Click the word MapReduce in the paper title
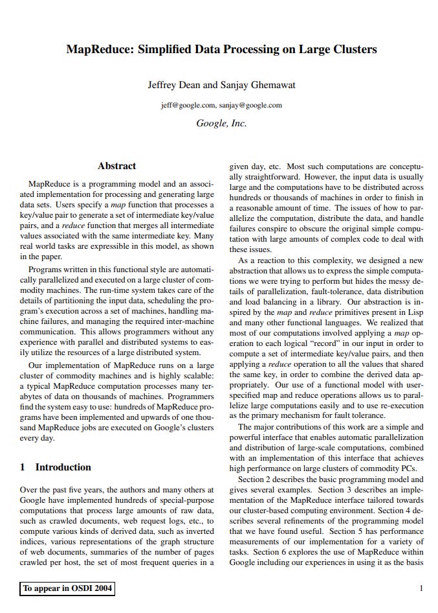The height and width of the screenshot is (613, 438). coord(98,49)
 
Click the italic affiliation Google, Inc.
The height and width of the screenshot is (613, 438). coord(221,123)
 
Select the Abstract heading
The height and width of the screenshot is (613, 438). coord(116,167)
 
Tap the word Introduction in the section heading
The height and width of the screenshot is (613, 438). coord(63,467)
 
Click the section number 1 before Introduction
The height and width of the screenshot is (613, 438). coord(23,467)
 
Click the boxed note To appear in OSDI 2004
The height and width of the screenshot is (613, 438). coord(67,588)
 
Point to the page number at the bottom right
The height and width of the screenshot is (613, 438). coord(421,588)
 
